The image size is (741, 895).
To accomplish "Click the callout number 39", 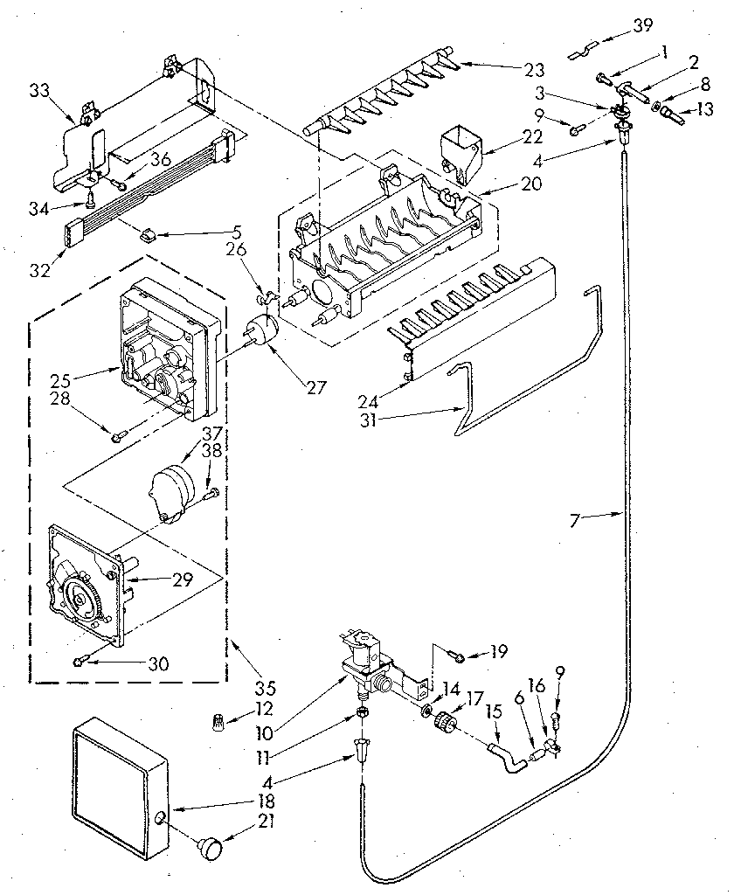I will coord(642,25).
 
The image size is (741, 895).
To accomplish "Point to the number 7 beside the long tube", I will coord(574,521).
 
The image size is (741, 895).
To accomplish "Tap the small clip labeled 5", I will coord(148,234).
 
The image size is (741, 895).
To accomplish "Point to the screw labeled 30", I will coord(80,663).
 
